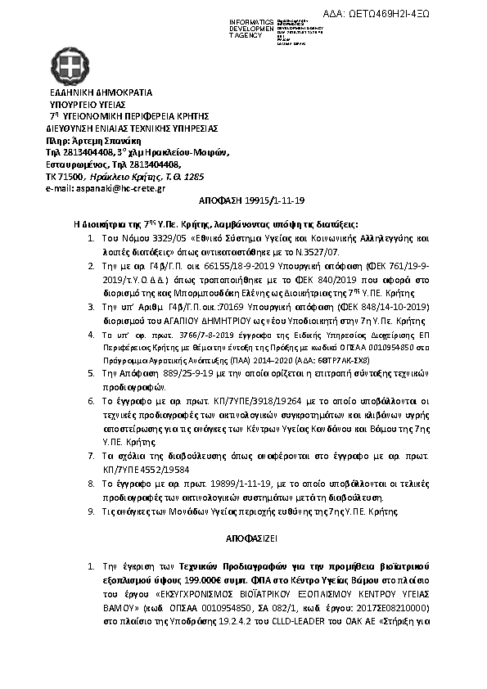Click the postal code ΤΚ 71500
[65, 176]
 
